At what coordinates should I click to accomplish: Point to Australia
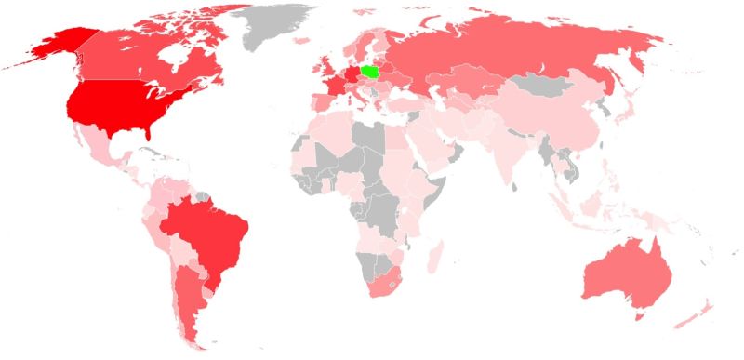click(x=623, y=274)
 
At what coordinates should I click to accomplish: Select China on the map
click(x=558, y=121)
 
